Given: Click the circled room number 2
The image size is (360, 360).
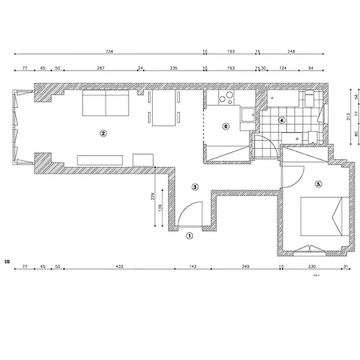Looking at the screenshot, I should (102, 133).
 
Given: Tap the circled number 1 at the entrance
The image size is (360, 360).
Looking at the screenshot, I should (190, 236).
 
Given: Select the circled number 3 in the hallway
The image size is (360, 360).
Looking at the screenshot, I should (195, 186).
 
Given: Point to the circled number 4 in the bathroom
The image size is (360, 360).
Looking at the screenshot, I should (282, 121).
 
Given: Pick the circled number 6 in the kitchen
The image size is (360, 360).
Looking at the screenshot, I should (226, 126).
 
